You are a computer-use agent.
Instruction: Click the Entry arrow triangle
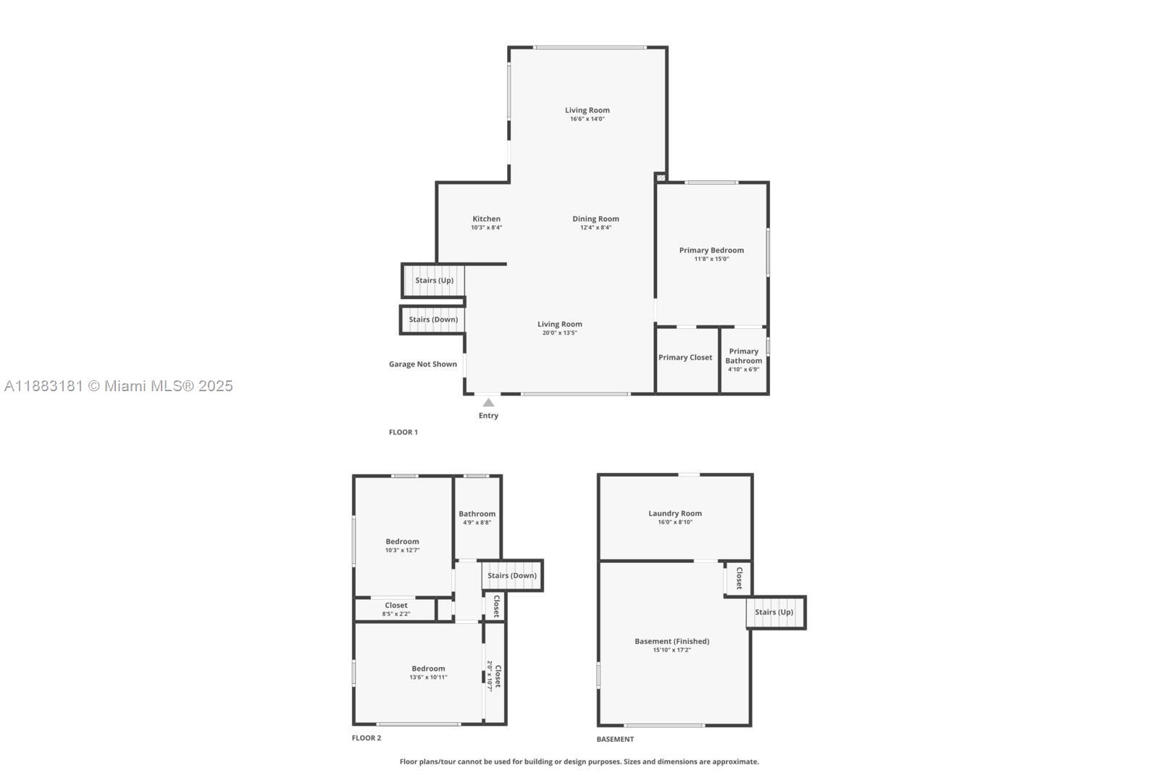488,403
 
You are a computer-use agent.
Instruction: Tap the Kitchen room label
486,219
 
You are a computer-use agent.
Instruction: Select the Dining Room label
595,219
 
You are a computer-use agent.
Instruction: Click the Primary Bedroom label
711,251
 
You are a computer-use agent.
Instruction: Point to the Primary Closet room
685,358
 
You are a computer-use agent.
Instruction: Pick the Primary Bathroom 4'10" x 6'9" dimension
743,369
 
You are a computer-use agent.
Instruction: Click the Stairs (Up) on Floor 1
434,280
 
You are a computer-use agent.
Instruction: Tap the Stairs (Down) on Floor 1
433,319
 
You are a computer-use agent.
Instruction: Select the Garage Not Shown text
422,364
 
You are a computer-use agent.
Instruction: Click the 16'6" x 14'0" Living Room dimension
587,119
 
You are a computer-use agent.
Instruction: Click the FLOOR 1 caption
403,433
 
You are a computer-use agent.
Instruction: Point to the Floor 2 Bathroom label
477,514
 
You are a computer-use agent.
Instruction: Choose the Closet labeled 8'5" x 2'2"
396,609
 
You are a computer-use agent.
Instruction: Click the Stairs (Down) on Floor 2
512,576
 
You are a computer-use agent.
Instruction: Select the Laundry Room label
674,514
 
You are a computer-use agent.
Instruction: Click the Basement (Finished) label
671,642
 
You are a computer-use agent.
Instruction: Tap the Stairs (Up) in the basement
774,612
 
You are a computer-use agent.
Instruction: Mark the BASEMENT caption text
615,740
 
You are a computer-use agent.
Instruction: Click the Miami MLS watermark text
119,386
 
